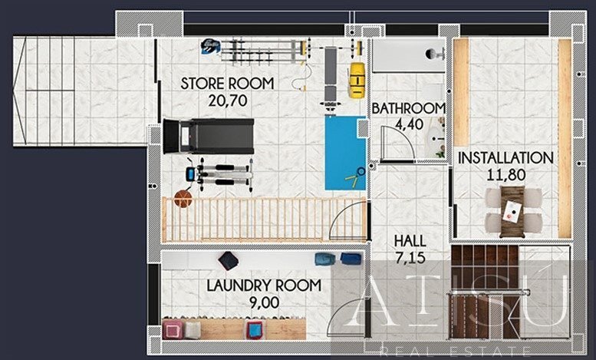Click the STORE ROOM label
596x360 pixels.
click(x=227, y=84)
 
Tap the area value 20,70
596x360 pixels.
click(x=228, y=101)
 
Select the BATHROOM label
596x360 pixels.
click(x=409, y=108)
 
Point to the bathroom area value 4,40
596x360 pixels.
click(x=409, y=124)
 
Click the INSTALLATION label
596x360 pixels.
click(x=505, y=158)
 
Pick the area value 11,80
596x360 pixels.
click(x=506, y=175)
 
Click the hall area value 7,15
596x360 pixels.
click(x=410, y=258)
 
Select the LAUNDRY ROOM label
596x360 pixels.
click(x=264, y=286)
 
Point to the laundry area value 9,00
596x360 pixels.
click(x=264, y=303)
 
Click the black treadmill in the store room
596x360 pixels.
click(x=209, y=136)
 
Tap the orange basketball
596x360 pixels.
click(x=183, y=199)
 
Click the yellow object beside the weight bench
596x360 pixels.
click(x=357, y=80)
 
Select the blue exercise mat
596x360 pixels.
click(x=345, y=153)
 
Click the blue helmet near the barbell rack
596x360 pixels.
click(x=211, y=46)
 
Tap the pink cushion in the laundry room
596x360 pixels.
click(x=173, y=329)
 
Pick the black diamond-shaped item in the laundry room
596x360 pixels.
click(x=229, y=261)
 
